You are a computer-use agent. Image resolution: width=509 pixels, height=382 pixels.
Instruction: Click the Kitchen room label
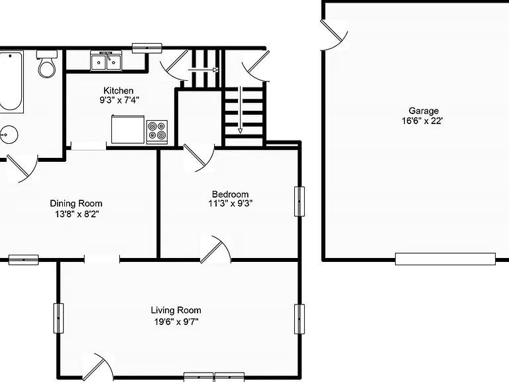click(x=118, y=90)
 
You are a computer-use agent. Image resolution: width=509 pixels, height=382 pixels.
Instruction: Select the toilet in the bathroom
click(x=46, y=64)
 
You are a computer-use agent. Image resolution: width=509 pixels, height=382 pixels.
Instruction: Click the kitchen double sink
click(x=106, y=62)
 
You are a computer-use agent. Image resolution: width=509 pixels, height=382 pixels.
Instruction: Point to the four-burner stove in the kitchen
click(x=157, y=131)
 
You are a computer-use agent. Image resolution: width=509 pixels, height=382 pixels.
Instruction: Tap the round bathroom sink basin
click(x=8, y=135)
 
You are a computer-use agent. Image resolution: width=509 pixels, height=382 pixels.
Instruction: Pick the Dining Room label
click(x=76, y=204)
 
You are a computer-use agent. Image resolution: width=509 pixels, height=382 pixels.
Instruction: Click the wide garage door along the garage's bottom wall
click(x=445, y=259)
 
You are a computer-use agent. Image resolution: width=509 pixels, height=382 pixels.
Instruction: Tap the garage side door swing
click(x=333, y=33)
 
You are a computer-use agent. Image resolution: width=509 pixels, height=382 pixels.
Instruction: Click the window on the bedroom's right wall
click(x=300, y=201)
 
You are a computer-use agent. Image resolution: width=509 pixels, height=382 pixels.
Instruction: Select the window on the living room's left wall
click(x=58, y=317)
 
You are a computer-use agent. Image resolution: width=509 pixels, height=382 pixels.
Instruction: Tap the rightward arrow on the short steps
click(x=204, y=68)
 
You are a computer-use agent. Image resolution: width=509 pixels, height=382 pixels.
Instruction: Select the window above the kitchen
click(x=146, y=47)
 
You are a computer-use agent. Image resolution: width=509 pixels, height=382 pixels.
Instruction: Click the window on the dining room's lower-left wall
click(x=23, y=259)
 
